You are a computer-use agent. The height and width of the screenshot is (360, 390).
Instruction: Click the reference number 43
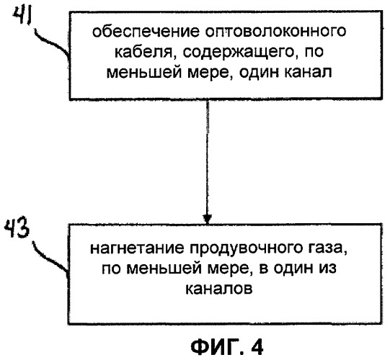17,228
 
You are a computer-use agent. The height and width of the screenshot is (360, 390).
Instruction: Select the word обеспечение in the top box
146,32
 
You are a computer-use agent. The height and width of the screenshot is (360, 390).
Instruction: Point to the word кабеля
143,53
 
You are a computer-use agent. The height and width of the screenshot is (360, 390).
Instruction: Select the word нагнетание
136,248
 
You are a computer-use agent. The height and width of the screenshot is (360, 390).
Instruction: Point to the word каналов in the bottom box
219,289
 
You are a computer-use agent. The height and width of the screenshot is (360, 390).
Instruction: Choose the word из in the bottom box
327,268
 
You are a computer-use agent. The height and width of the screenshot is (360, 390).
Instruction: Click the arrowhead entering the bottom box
207,219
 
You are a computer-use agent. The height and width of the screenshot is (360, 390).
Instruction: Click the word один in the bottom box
293,269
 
